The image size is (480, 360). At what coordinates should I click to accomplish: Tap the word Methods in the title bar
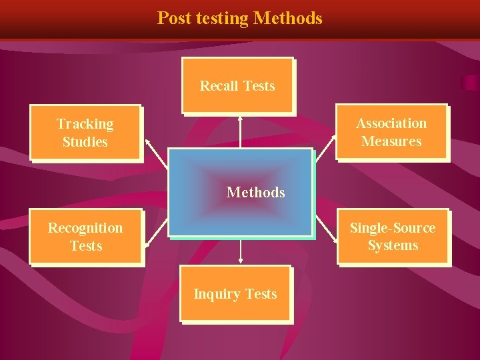[x=288, y=18]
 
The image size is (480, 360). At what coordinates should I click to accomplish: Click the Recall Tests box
[x=238, y=85]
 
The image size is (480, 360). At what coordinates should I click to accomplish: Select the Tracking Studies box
[x=85, y=132]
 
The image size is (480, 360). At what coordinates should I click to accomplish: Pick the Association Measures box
[x=391, y=131]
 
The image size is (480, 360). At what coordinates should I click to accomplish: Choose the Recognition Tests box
[x=85, y=236]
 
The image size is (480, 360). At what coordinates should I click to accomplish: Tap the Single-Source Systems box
[x=393, y=236]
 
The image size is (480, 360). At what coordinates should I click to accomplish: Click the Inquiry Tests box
[x=235, y=293]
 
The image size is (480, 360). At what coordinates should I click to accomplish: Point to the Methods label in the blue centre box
[x=255, y=192]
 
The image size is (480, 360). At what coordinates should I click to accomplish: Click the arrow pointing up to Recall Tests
[x=240, y=131]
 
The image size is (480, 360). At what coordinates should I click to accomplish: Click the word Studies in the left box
[x=85, y=141]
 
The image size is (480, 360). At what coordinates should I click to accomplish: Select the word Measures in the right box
[x=391, y=141]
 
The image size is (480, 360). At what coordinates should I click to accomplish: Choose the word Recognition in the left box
[x=85, y=228]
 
